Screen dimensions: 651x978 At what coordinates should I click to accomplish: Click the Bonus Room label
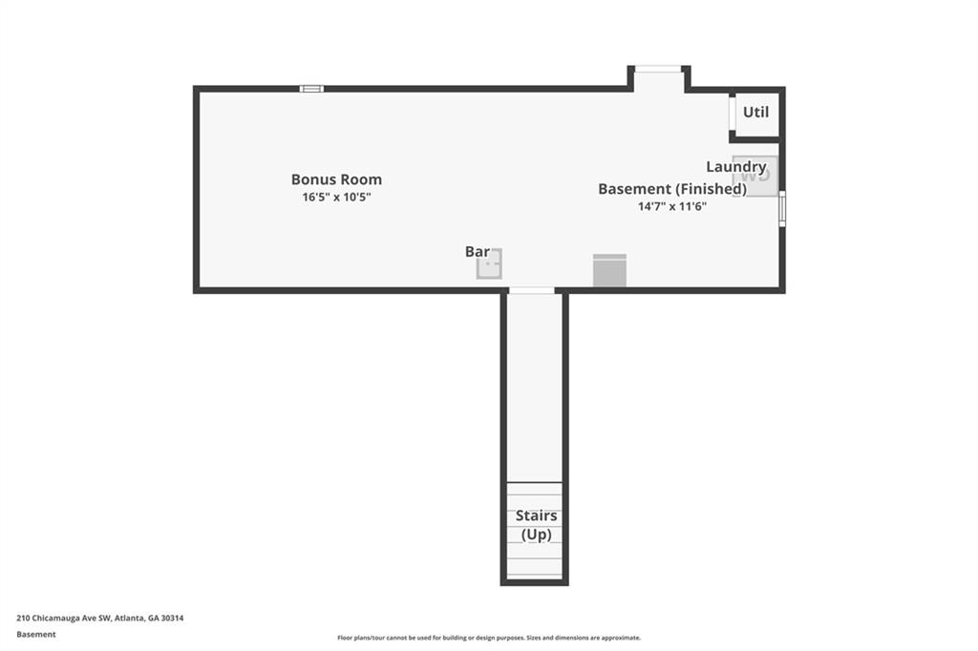coord(336,179)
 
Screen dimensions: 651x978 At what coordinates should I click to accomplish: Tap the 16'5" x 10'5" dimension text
coord(336,198)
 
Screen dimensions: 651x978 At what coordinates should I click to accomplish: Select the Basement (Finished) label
coord(672,189)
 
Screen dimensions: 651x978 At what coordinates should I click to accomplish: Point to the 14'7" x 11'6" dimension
coord(672,206)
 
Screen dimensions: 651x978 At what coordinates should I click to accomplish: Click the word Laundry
coord(736,167)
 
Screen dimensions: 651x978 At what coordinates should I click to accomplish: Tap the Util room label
coord(755,113)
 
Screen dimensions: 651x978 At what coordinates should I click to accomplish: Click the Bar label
coord(478,252)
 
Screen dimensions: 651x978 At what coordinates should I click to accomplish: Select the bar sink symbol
coord(489,263)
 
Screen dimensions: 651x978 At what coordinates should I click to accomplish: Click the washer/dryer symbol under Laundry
coord(755,177)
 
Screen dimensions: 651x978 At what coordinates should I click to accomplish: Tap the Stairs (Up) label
coord(537,525)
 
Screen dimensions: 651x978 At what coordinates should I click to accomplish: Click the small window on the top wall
coord(311,89)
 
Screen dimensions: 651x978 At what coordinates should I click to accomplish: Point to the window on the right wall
coord(781,208)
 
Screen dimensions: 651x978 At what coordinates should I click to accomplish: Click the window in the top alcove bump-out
coord(658,69)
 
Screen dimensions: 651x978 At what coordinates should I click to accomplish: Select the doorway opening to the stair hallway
coord(532,290)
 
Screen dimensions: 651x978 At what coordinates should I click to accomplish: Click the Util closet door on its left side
coord(732,113)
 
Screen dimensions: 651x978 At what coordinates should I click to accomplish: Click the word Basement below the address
coord(36,634)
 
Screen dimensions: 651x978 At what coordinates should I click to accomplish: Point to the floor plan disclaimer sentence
coord(488,638)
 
